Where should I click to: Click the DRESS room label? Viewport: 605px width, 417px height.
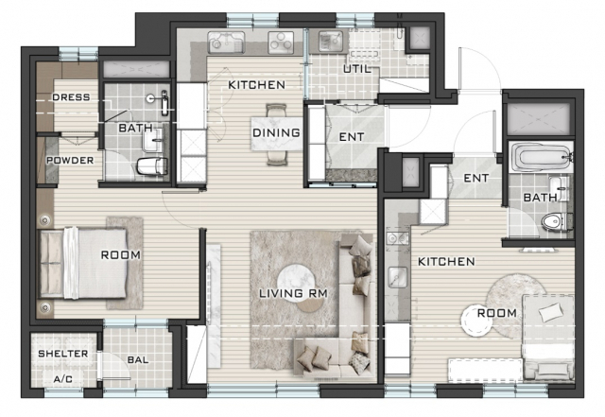(x=71, y=96)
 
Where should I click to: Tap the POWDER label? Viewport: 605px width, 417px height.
(x=70, y=160)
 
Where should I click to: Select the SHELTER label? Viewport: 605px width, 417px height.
(x=63, y=354)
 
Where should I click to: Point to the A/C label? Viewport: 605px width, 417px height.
(x=63, y=379)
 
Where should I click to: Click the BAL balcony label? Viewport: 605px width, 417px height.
(x=138, y=360)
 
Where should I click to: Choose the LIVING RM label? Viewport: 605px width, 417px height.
(x=293, y=293)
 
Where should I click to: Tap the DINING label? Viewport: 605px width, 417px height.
(x=276, y=132)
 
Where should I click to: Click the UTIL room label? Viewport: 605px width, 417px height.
(x=357, y=69)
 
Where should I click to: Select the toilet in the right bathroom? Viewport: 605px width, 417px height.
(x=554, y=222)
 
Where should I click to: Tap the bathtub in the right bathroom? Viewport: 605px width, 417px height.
(x=541, y=158)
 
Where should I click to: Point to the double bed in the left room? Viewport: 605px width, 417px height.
(x=83, y=264)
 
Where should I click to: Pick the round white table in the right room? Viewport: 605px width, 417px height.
(x=476, y=321)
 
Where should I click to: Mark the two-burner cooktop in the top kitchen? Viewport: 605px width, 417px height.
(x=281, y=42)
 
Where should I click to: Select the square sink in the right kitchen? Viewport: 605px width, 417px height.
(x=397, y=277)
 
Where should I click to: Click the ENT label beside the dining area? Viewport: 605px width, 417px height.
(x=351, y=137)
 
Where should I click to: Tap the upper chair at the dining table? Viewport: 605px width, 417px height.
(x=276, y=110)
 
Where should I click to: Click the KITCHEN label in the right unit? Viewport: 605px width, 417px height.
(x=446, y=261)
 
